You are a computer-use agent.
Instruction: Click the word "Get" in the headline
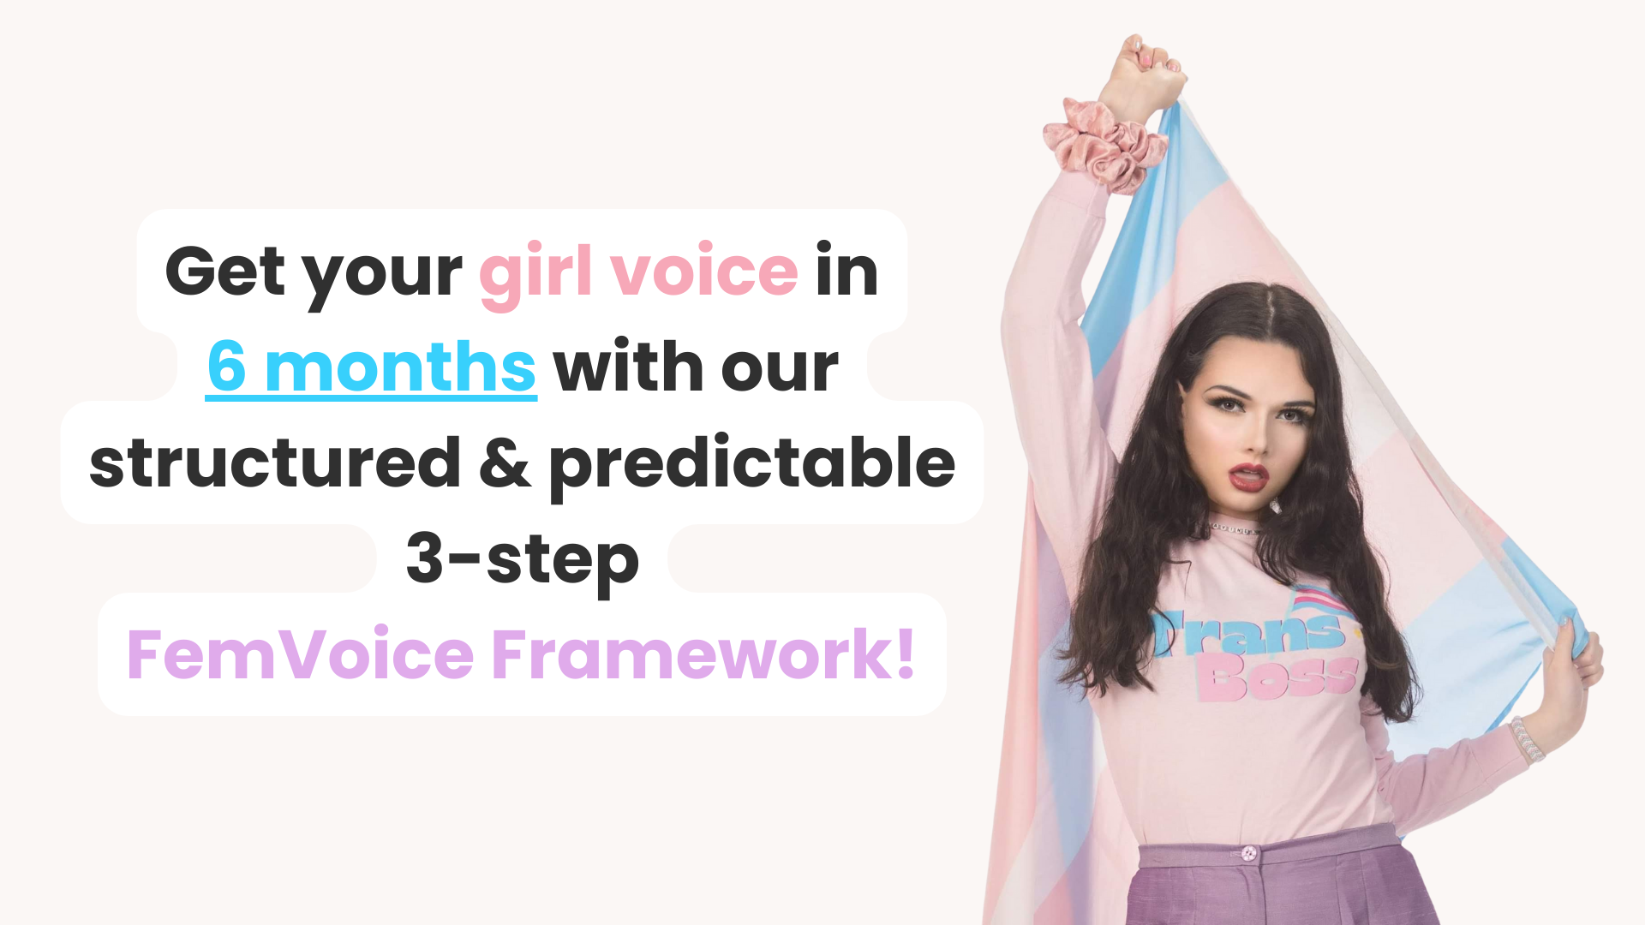[225, 271]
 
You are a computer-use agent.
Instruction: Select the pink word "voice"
[704, 272]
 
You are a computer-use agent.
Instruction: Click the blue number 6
[227, 366]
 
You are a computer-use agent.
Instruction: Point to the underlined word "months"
[400, 367]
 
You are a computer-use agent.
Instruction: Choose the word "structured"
[275, 462]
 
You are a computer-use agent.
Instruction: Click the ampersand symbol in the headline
[505, 462]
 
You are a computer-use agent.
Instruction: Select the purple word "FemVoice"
[301, 654]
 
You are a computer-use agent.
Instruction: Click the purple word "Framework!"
[703, 654]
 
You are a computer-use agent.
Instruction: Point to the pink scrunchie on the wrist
[1104, 144]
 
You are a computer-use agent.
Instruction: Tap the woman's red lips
[1250, 477]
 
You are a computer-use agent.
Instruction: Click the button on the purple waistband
[1248, 853]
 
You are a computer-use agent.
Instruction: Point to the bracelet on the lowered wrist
[1527, 739]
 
